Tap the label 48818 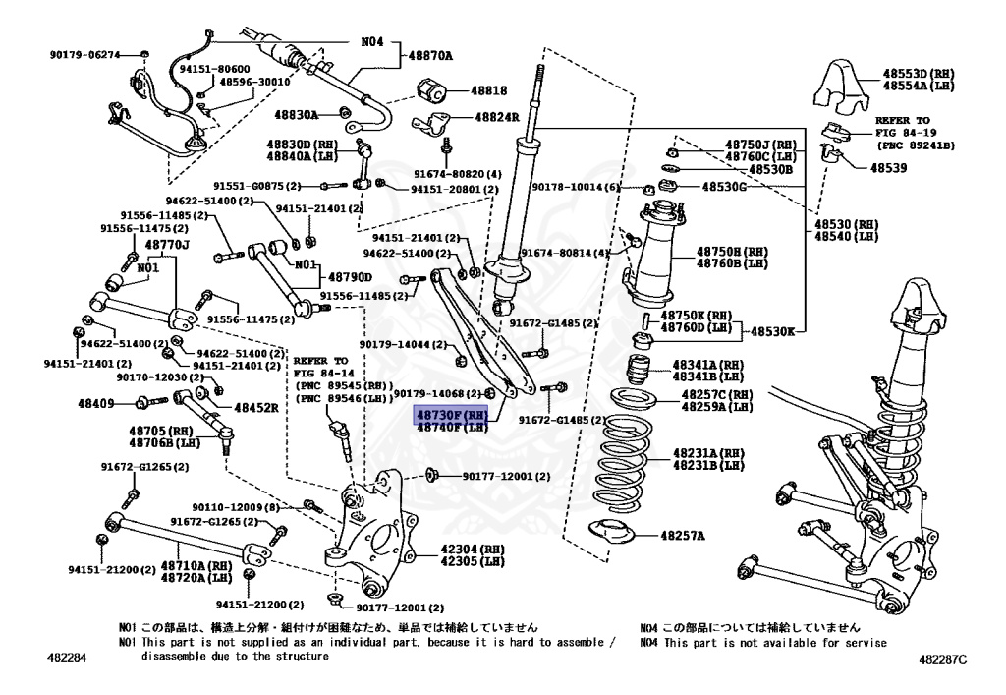tap(488, 90)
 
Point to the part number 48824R tap(496, 117)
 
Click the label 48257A tap(682, 536)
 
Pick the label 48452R tap(255, 406)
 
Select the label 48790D tap(351, 277)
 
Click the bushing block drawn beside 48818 tap(432, 90)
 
